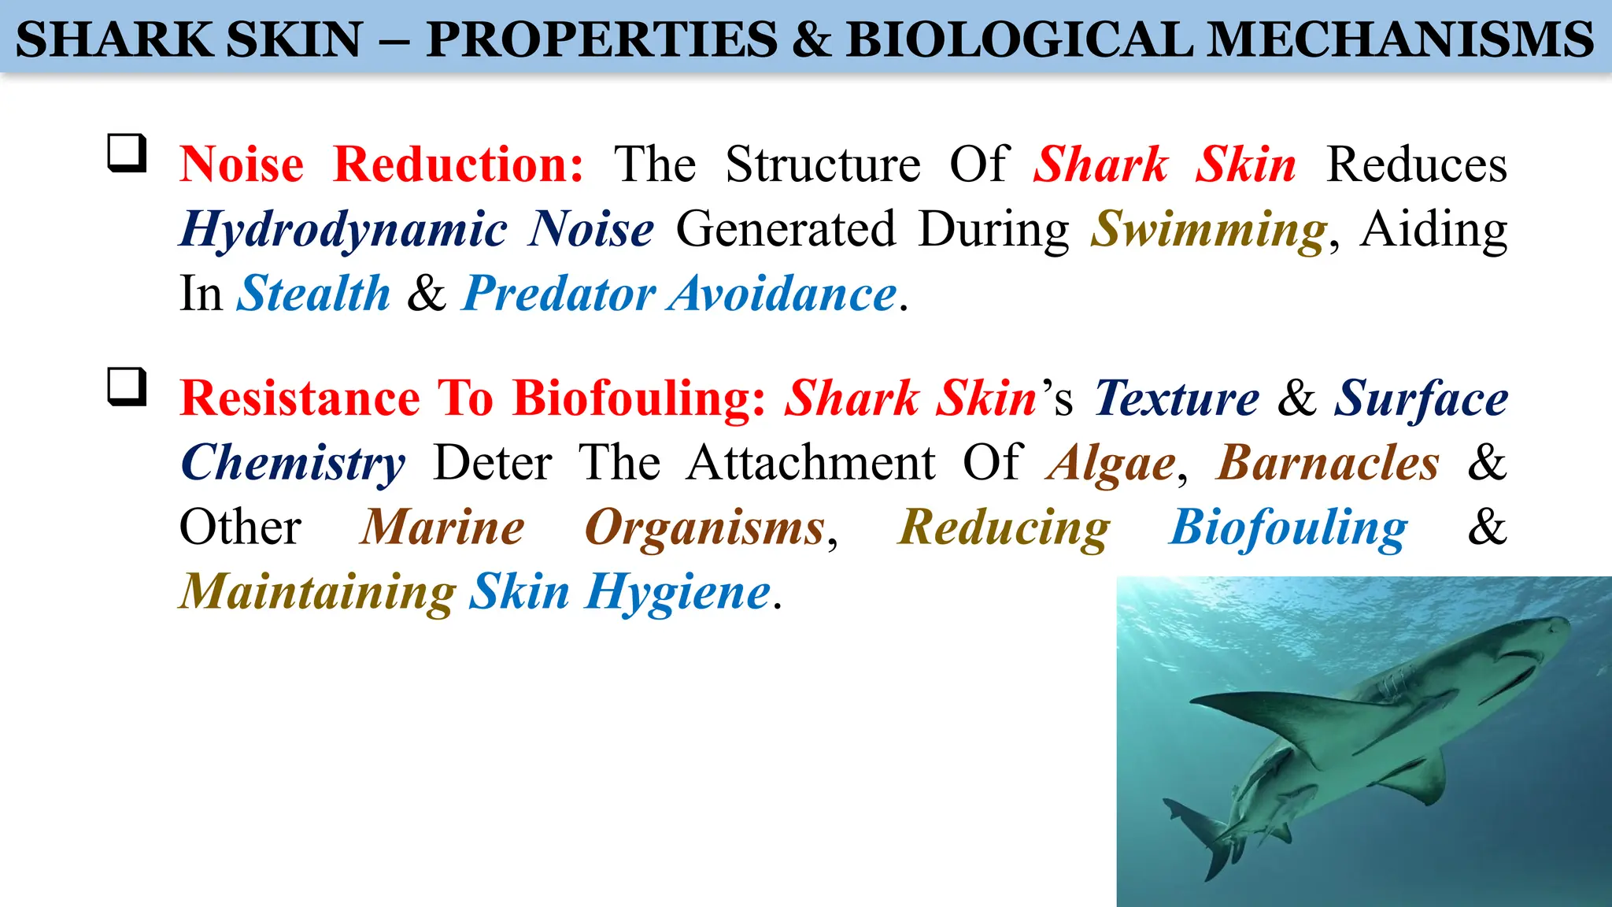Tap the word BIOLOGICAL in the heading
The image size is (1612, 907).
[x=1019, y=39]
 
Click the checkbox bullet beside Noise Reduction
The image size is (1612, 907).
[x=127, y=153]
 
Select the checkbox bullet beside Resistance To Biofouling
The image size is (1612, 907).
[x=127, y=387]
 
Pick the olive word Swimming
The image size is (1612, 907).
[x=1209, y=230]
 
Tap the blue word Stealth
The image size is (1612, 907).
[x=313, y=294]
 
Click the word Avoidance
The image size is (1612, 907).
[x=783, y=294]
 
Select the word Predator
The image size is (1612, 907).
[x=558, y=294]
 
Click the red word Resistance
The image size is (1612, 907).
[x=300, y=398]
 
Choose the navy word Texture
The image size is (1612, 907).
[x=1177, y=398]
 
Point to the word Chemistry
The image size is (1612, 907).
[x=293, y=463]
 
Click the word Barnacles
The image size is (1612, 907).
[x=1328, y=463]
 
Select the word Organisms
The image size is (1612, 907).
[x=705, y=528]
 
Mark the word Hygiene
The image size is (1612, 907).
[x=678, y=592]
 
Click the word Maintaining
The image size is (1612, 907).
[x=317, y=592]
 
